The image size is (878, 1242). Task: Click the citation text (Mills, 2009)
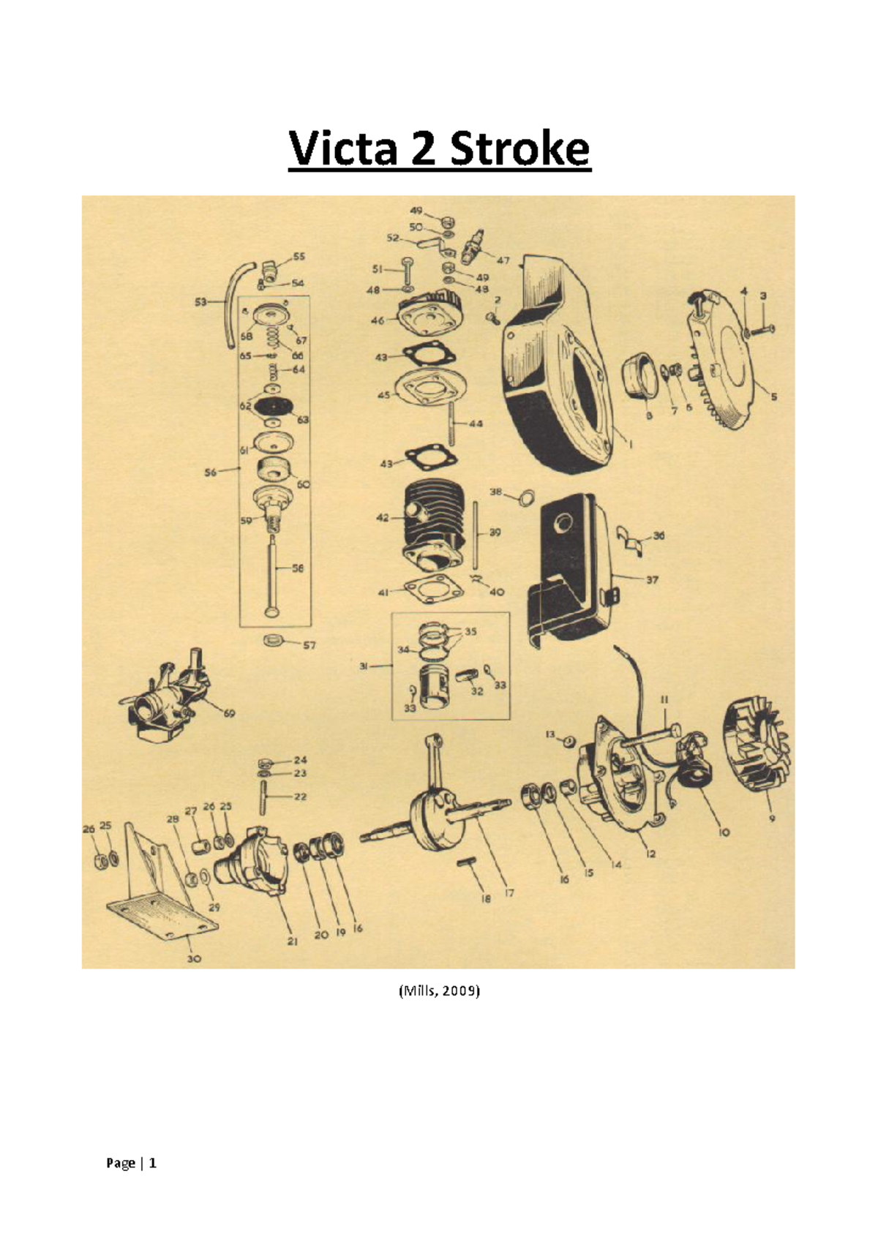(x=439, y=992)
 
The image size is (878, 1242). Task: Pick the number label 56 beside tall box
(x=211, y=473)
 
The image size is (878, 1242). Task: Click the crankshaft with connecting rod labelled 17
(x=439, y=805)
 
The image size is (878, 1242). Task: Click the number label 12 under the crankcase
(x=650, y=854)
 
